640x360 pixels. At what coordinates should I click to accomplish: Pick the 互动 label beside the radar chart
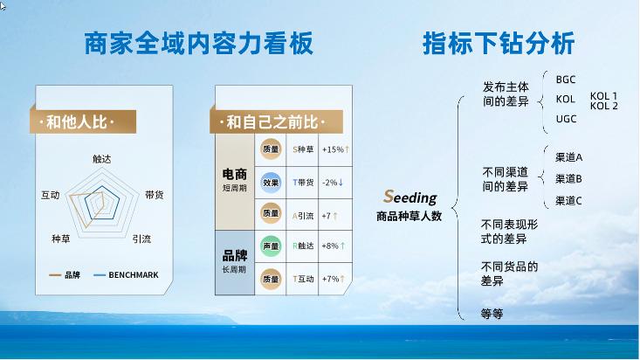click(50, 195)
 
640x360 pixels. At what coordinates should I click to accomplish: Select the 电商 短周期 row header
click(234, 181)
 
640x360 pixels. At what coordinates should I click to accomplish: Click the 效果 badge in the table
click(271, 182)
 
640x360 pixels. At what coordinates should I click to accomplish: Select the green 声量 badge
click(271, 246)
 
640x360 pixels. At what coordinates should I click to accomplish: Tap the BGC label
click(566, 80)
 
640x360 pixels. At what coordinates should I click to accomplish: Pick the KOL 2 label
click(603, 106)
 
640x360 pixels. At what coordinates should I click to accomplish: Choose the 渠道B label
click(568, 178)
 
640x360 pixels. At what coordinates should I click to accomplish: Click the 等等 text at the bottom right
click(492, 312)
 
